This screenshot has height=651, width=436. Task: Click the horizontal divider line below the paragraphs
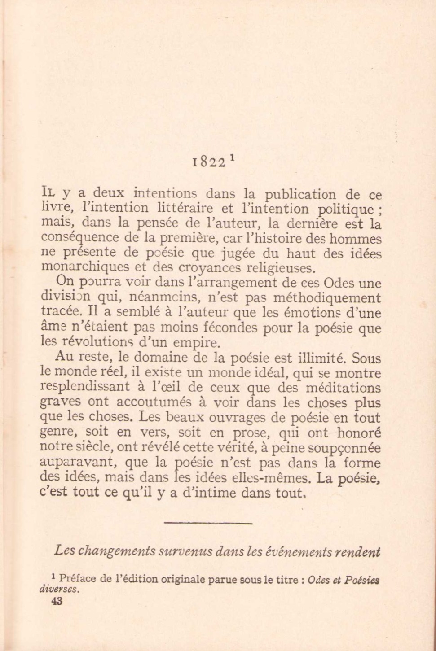pyautogui.click(x=208, y=523)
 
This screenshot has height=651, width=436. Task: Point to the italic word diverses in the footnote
pyautogui.click(x=58, y=589)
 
